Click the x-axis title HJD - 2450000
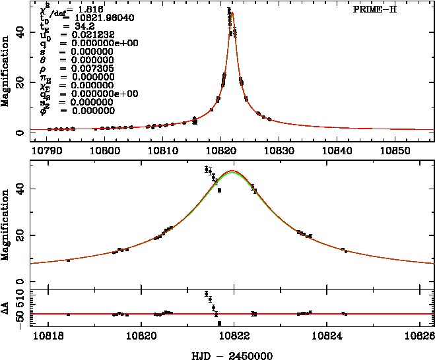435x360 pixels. click(x=226, y=354)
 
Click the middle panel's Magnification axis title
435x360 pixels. click(x=5, y=222)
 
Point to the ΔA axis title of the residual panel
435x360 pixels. click(x=5, y=309)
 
